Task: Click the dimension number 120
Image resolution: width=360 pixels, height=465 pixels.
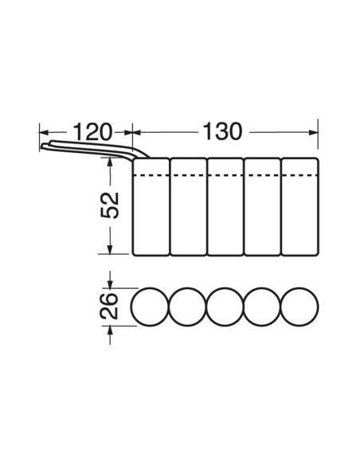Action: coord(92,132)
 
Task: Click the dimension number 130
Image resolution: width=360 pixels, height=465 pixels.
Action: coord(222,131)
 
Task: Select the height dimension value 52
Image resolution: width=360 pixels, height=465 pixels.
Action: coord(110,205)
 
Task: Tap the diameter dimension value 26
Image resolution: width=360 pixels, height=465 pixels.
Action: coord(109,306)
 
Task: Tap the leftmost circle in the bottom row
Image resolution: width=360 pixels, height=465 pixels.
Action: coord(131,307)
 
